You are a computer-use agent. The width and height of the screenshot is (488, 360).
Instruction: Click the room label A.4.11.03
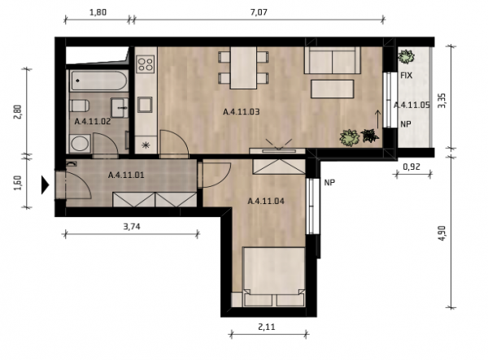point(242,111)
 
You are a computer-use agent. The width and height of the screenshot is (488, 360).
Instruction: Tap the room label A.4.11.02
point(93,122)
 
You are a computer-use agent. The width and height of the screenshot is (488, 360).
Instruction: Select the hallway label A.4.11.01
point(126,175)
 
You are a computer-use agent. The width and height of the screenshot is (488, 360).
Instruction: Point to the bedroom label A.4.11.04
point(266,202)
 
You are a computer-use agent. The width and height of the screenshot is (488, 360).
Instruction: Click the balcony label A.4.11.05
point(412,105)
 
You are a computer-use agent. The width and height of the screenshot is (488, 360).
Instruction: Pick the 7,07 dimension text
point(259,12)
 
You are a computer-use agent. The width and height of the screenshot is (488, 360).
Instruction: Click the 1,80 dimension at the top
point(98,12)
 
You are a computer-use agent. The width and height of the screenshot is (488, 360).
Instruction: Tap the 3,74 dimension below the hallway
point(132,227)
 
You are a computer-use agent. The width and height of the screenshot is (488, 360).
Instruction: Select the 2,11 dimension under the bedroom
point(267,327)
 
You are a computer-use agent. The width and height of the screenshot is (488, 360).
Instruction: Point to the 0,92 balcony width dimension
point(412,167)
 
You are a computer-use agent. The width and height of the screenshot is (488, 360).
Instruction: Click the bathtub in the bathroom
point(98,80)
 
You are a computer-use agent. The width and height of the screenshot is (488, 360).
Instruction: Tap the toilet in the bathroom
point(80,106)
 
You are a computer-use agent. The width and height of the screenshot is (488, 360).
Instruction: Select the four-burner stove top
point(146,64)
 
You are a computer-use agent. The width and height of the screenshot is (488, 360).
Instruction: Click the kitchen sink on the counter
point(145,105)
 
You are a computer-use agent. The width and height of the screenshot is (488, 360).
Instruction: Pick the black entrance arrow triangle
point(46,184)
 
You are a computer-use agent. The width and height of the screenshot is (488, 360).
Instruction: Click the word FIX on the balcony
point(406,76)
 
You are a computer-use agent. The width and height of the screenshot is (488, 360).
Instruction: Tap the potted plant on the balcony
point(407,57)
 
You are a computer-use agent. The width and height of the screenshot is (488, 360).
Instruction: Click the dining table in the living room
point(243,67)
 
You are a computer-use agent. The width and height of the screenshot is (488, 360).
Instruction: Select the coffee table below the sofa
point(333,89)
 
